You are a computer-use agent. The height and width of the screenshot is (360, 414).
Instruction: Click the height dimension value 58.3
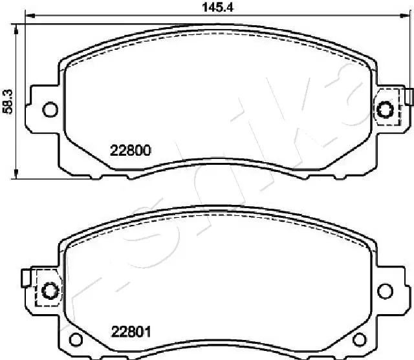click(8, 101)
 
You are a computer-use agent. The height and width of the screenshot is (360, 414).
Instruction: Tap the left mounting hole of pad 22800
click(49, 110)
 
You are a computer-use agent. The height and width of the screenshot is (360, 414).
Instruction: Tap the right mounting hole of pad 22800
click(386, 110)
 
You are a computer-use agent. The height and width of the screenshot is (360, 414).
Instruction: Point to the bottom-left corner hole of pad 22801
click(76, 339)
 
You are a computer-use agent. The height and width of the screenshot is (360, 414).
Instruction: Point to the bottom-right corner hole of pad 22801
click(359, 339)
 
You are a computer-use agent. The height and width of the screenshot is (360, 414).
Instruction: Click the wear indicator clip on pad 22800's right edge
click(409, 96)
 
